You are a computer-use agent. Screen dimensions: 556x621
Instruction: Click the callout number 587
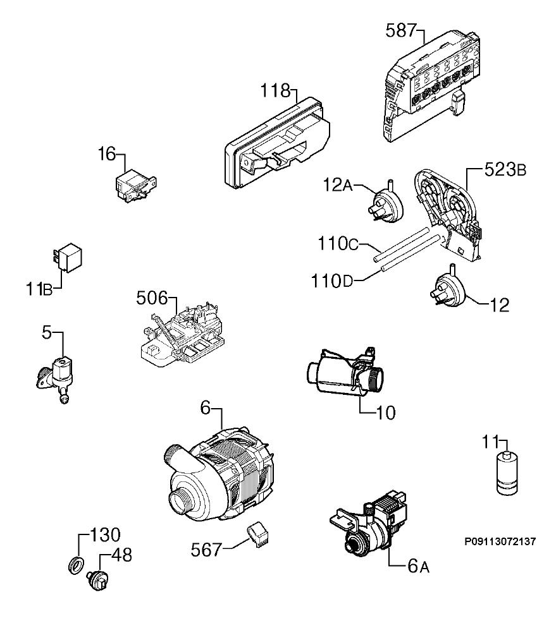400,31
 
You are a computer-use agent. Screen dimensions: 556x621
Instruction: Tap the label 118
276,91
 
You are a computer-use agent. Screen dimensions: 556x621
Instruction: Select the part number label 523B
505,170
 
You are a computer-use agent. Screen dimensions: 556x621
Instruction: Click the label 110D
331,281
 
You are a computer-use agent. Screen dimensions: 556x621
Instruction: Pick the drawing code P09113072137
500,541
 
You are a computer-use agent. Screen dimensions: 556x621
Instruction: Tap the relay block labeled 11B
68,256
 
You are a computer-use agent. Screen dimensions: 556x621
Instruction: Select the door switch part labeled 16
135,185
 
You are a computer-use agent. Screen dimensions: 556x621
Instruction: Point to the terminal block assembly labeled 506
181,334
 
